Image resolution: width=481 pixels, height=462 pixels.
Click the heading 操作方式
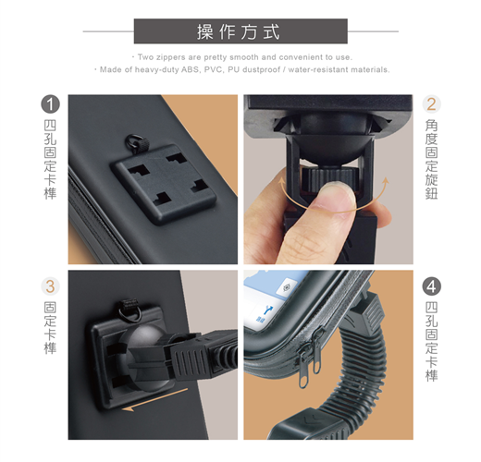pyautogui.click(x=239, y=31)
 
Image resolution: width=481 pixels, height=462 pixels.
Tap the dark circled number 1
pyautogui.click(x=50, y=104)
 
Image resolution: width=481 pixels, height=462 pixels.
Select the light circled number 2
pyautogui.click(x=431, y=104)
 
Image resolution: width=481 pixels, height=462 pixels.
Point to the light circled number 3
pyautogui.click(x=50, y=286)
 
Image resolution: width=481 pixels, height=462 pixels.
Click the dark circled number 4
pyautogui.click(x=431, y=286)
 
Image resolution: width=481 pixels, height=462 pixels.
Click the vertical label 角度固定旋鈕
pyautogui.click(x=431, y=159)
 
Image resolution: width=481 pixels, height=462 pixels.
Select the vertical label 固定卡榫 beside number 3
pyautogui.click(x=50, y=327)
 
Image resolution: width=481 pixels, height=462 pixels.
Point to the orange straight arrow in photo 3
pyautogui.click(x=154, y=400)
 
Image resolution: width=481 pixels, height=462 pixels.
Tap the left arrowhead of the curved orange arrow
pyautogui.click(x=281, y=182)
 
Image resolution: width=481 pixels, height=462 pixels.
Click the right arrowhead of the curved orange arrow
pyautogui.click(x=386, y=182)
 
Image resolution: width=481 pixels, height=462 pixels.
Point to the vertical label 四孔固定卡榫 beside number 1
pyautogui.click(x=50, y=159)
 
